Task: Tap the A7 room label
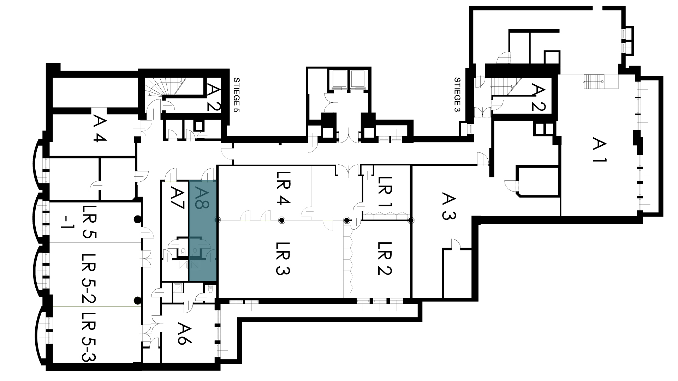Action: (177, 199)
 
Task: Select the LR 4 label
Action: (283, 188)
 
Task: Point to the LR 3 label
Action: (283, 258)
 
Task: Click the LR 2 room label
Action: (385, 258)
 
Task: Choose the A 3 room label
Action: (448, 206)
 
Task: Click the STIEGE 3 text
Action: (457, 95)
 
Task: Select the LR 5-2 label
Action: (88, 279)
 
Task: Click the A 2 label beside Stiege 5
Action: (213, 96)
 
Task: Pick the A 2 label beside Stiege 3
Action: (539, 97)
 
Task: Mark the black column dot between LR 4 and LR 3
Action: (281, 220)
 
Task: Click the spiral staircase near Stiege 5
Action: (157, 88)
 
